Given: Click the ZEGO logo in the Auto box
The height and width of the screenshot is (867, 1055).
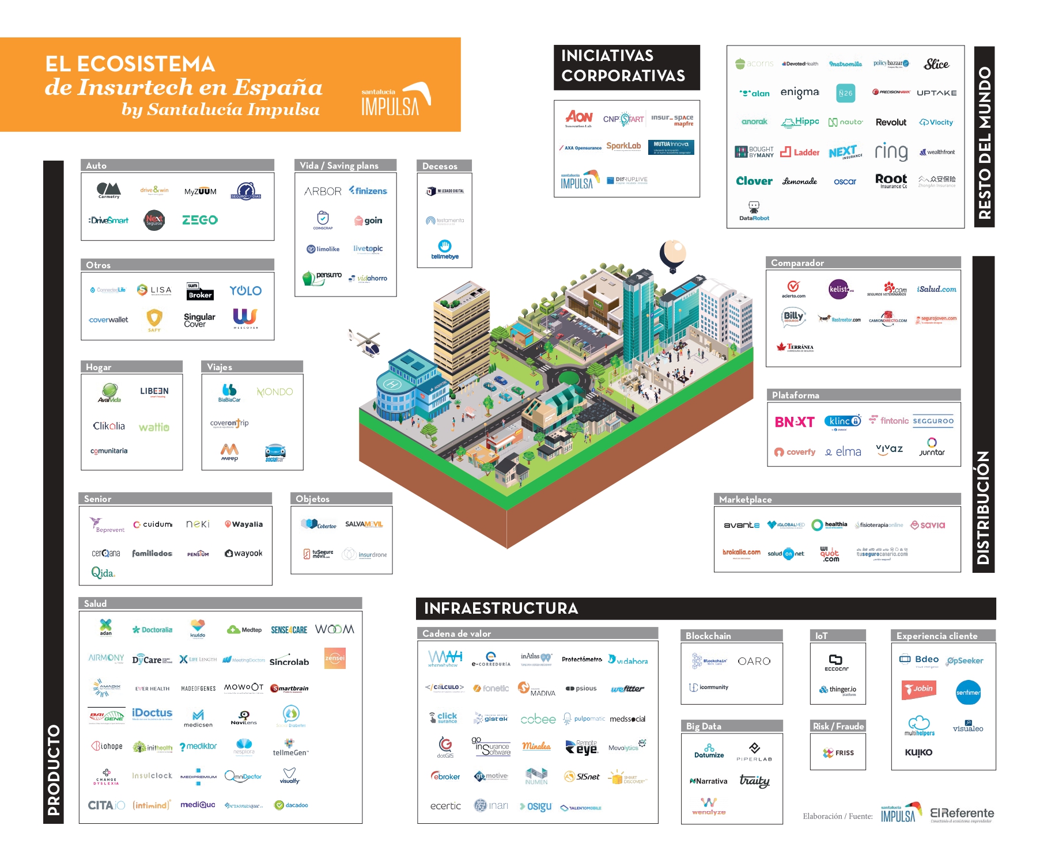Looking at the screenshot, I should click(x=199, y=220).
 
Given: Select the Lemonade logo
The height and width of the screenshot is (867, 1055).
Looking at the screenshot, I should click(x=799, y=181).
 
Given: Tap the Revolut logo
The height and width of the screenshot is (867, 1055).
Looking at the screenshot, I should click(x=891, y=122).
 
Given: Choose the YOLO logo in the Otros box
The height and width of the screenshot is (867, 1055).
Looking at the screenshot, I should click(x=245, y=291).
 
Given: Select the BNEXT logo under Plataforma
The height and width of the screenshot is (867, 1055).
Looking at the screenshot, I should click(x=795, y=422).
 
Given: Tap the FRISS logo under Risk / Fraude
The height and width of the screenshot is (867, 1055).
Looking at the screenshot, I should click(x=838, y=752).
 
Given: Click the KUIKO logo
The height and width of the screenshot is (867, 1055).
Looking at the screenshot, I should click(x=918, y=752).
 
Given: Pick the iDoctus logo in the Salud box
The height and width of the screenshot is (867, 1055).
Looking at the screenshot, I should click(x=152, y=713).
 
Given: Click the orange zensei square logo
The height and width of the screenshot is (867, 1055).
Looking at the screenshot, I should click(x=335, y=658).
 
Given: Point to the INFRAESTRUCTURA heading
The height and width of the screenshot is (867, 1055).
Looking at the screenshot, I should click(x=501, y=609).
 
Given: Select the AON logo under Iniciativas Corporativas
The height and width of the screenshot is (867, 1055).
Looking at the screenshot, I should click(x=578, y=118).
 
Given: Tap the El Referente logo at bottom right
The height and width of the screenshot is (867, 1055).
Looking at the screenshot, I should click(x=962, y=814).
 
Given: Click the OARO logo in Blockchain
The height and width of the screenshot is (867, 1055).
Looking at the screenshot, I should click(x=754, y=661).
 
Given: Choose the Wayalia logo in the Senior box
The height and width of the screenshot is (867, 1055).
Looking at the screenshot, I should click(x=244, y=524).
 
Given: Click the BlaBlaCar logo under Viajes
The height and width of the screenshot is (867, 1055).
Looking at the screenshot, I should click(x=229, y=393).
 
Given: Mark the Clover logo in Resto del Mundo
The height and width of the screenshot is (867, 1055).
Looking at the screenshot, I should click(x=754, y=181).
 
